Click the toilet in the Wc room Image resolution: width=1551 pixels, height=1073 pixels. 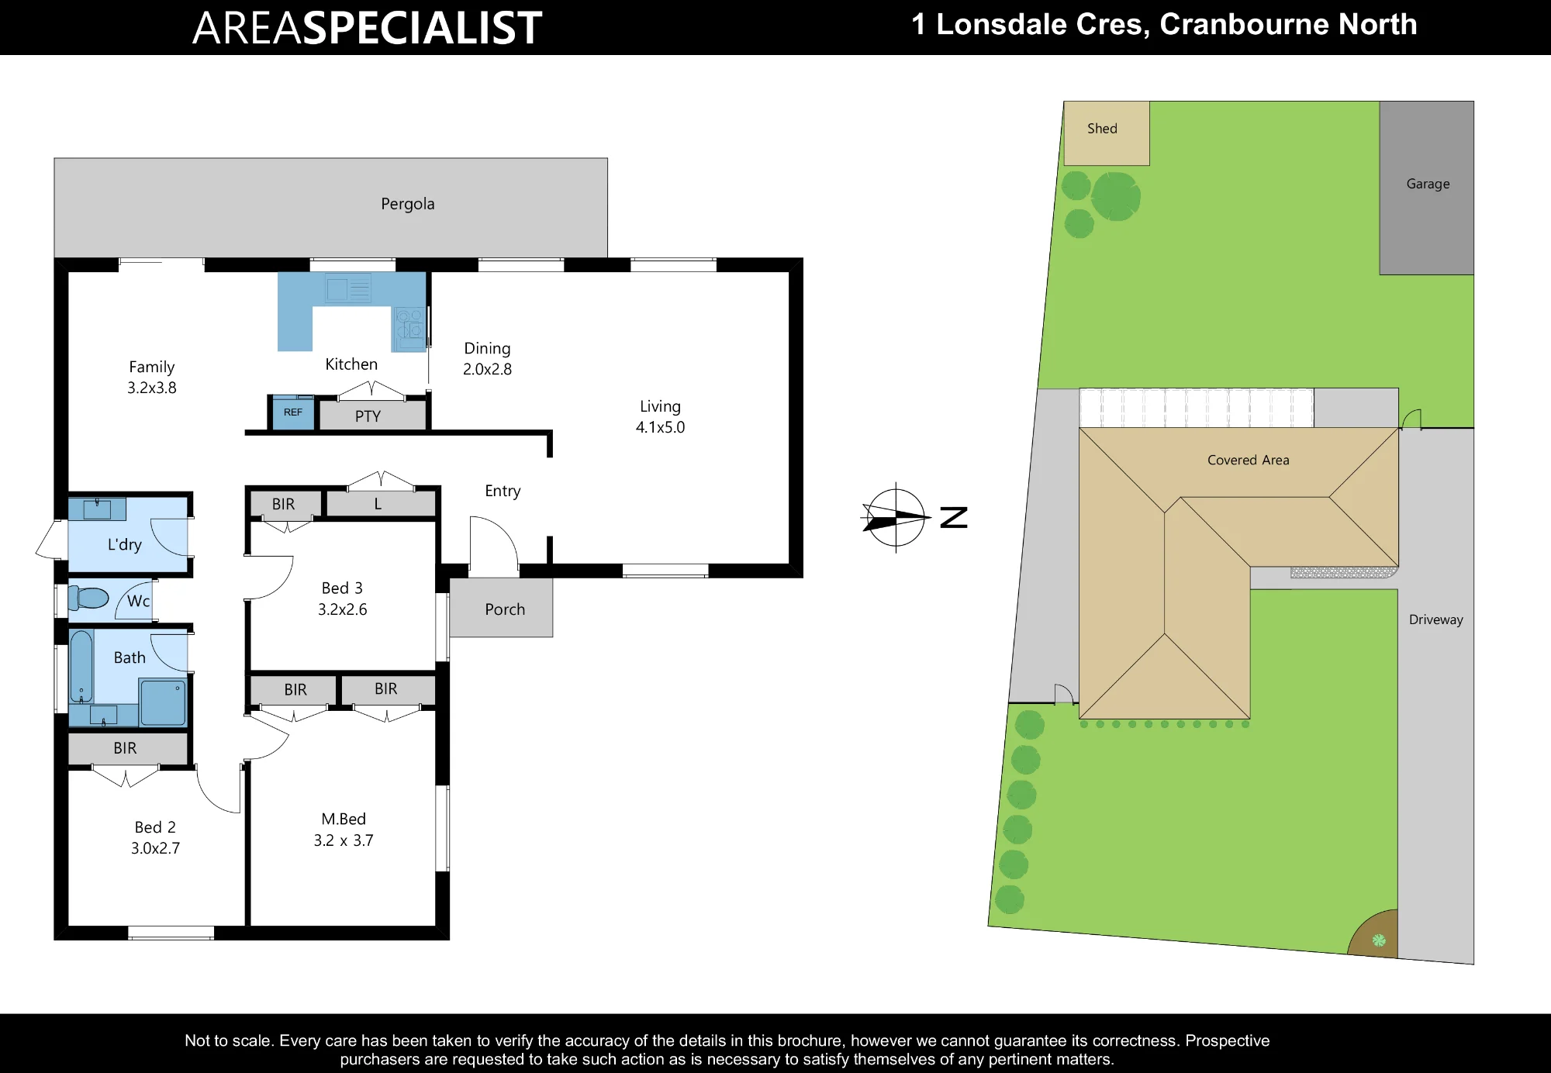pyautogui.click(x=88, y=598)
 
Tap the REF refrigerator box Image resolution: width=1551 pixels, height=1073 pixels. pyautogui.click(x=293, y=412)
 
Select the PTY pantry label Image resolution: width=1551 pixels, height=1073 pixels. pyautogui.click(x=368, y=416)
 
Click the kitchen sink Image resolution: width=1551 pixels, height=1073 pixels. pyautogui.click(x=348, y=289)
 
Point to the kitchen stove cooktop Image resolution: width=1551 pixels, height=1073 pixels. pyautogui.click(x=409, y=328)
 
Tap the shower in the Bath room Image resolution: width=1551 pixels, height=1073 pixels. pyautogui.click(x=163, y=702)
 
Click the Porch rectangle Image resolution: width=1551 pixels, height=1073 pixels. pyautogui.click(x=501, y=608)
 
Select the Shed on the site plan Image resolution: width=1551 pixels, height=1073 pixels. pyautogui.click(x=1106, y=133)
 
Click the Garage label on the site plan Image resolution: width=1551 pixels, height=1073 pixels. pyautogui.click(x=1428, y=184)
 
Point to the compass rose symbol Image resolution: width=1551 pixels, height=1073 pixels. pyautogui.click(x=896, y=517)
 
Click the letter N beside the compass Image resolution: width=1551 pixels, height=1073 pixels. pyautogui.click(x=954, y=517)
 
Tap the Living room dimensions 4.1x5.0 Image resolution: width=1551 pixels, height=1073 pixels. pyautogui.click(x=660, y=427)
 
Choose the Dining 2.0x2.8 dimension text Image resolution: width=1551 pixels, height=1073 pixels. pyautogui.click(x=487, y=369)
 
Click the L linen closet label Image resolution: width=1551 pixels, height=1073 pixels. pyautogui.click(x=378, y=504)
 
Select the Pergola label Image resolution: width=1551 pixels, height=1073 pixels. pyautogui.click(x=407, y=204)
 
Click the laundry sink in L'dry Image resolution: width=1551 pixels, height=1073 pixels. pyautogui.click(x=97, y=509)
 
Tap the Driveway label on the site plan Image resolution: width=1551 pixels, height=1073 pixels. pyautogui.click(x=1435, y=619)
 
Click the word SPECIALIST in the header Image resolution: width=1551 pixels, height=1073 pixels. pyautogui.click(x=421, y=28)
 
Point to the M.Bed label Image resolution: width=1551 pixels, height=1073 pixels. pyautogui.click(x=344, y=819)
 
